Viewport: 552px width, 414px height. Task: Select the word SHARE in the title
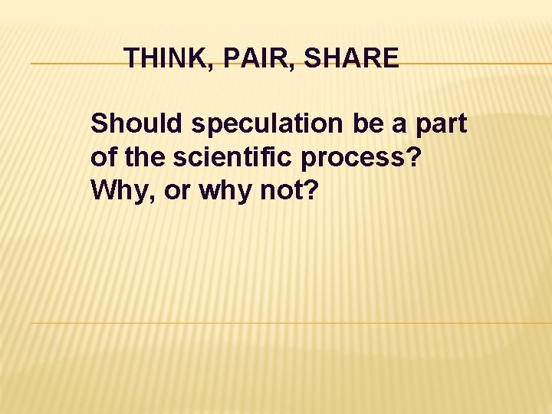352,58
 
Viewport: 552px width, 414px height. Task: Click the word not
281,191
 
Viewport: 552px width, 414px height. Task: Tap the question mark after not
309,191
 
